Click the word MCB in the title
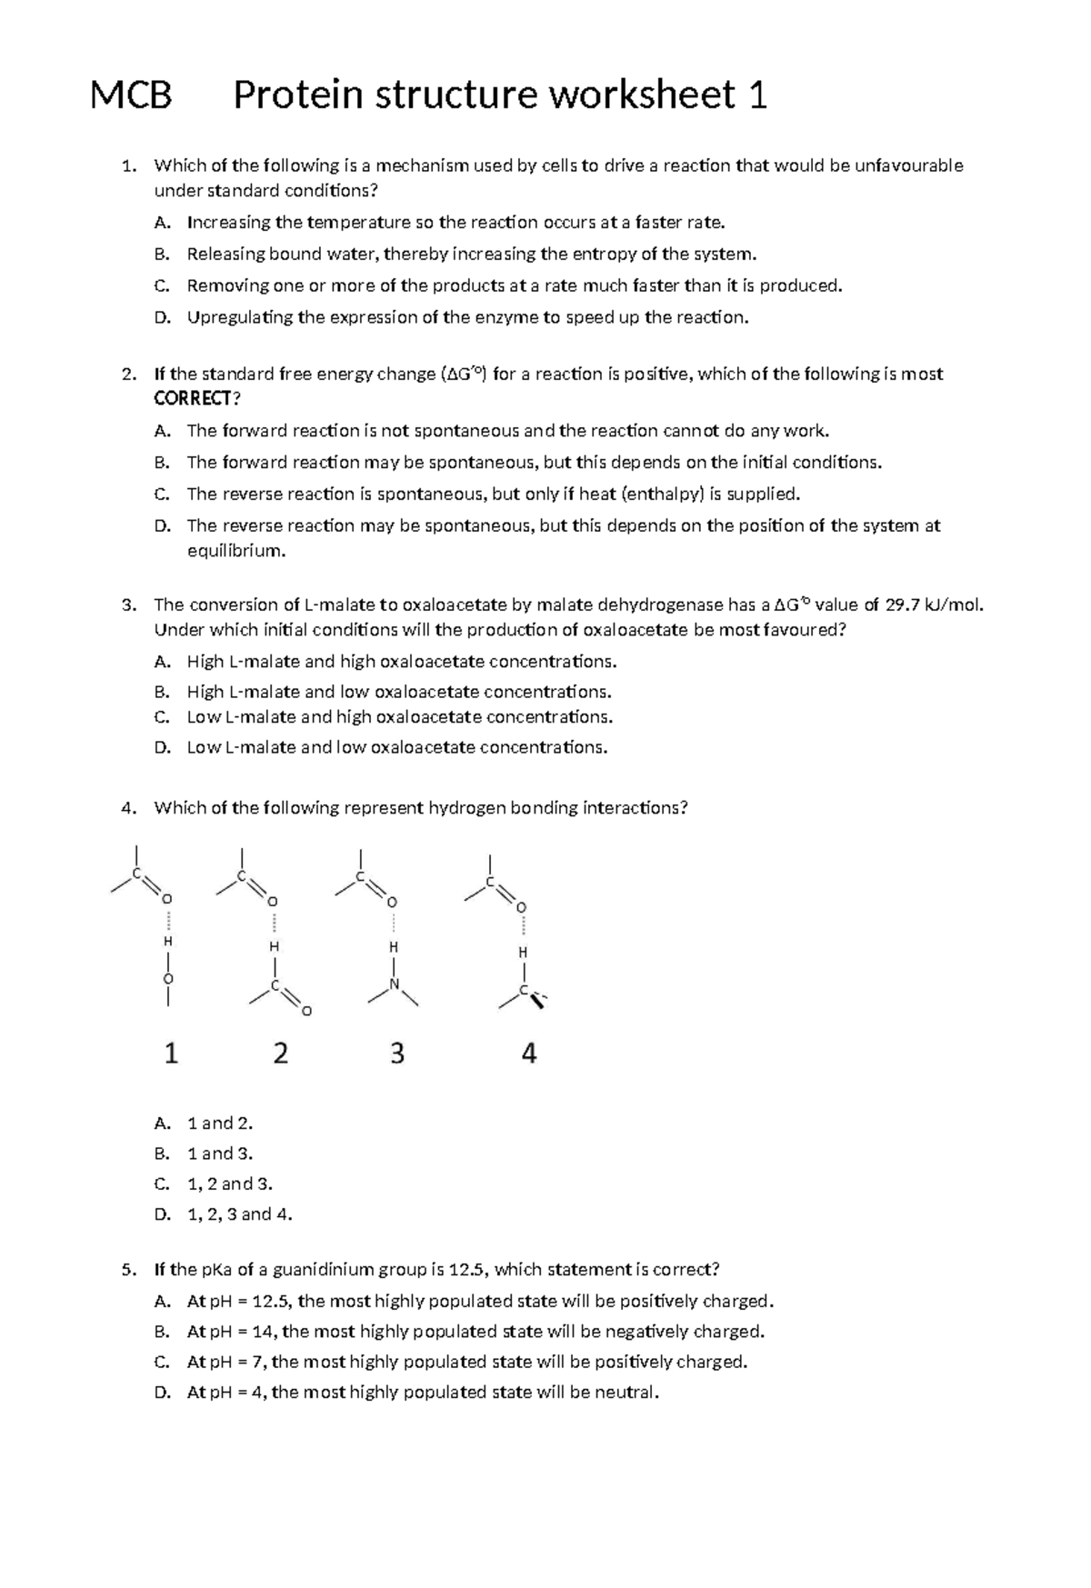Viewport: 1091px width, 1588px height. [131, 95]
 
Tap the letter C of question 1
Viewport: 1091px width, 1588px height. [161, 285]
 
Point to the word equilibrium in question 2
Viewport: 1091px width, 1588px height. [235, 551]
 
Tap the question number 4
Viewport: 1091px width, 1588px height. [128, 807]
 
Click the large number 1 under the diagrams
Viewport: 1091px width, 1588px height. [170, 1054]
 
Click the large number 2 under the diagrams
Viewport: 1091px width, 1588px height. [281, 1054]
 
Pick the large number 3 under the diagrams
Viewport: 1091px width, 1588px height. [397, 1054]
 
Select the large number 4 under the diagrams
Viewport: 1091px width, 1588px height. [529, 1054]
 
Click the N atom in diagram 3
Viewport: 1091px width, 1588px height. [394, 984]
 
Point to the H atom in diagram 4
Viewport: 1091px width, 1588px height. [523, 953]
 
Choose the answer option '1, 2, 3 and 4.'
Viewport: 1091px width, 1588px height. [239, 1214]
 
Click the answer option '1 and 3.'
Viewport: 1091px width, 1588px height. [219, 1154]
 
